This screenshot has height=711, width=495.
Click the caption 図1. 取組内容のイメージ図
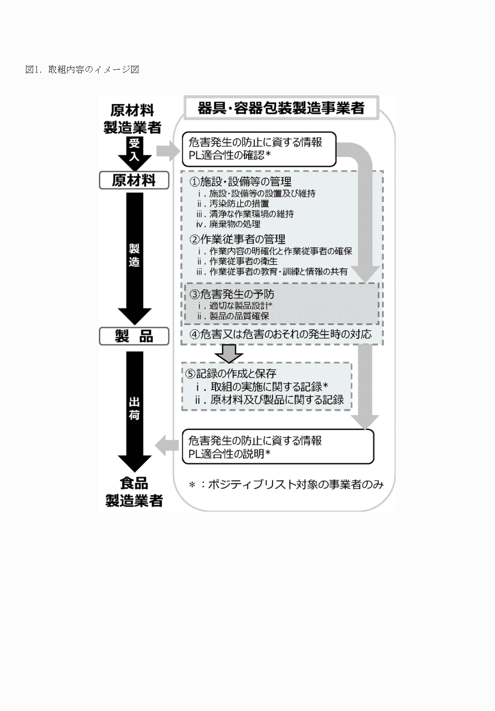coord(82,70)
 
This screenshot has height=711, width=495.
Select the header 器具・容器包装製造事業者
coord(281,108)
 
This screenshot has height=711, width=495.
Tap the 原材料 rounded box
coord(134,180)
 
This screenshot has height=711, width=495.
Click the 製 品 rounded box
coord(134,336)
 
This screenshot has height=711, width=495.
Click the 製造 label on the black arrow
coord(134,255)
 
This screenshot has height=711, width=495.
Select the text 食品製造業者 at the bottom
coord(134,492)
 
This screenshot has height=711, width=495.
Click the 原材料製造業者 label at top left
coord(132,119)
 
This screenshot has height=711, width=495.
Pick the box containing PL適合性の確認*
coord(259,149)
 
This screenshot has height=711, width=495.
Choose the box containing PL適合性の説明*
coord(277,447)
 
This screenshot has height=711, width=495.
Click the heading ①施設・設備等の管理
coord(240,182)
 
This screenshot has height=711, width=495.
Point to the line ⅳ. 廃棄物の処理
coord(228,224)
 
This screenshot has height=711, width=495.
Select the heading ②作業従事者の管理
coord(237,240)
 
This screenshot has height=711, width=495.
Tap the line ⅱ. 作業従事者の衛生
coord(237,261)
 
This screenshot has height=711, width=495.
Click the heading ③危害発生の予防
coord(232,294)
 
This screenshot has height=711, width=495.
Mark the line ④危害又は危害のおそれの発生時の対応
coord(280,334)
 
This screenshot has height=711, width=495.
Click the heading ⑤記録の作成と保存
coord(231,373)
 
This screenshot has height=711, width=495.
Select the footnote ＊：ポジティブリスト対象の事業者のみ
coord(286,485)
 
